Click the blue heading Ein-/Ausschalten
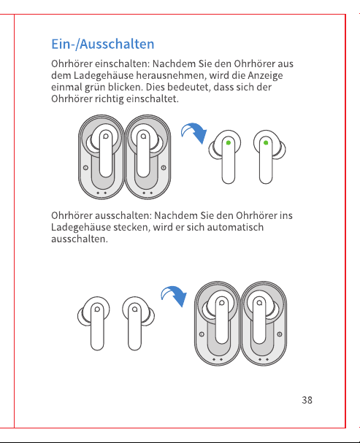point(102,44)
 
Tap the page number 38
point(307,400)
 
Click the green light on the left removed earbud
point(229,142)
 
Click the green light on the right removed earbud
point(266,142)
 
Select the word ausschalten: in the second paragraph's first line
point(123,215)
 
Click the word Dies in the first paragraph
point(155,87)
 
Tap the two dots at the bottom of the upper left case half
point(102,193)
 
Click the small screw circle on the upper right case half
point(164,168)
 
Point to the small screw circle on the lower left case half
point(202,334)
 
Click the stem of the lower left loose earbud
point(97,328)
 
